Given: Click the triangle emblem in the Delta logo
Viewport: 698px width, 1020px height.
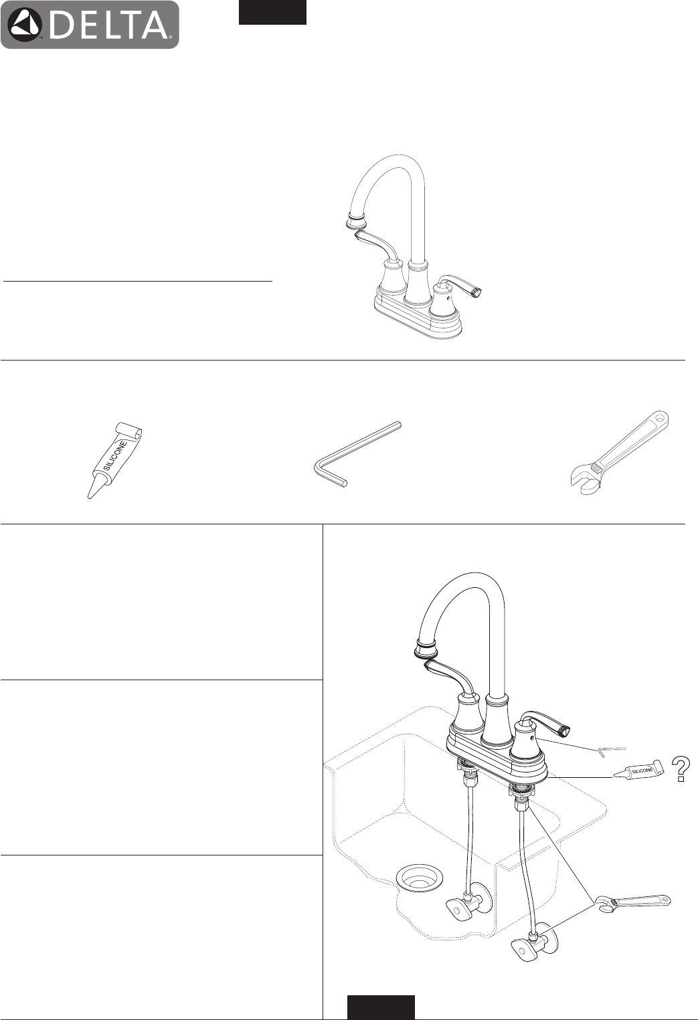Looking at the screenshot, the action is coord(26,25).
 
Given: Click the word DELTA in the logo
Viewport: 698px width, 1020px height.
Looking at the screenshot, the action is coord(108,25).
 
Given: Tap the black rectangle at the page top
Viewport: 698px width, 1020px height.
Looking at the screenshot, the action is coord(272,12).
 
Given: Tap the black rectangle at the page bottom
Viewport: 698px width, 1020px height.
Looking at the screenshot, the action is coord(381,1007).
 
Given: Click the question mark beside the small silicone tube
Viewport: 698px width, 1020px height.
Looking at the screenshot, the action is coord(680,769).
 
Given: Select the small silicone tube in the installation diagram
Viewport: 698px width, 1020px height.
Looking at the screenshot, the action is coord(638,770).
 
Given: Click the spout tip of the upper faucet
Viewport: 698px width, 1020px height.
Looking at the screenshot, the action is coord(355,222).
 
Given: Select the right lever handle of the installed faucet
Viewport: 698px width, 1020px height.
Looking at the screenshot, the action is coord(545,724).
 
